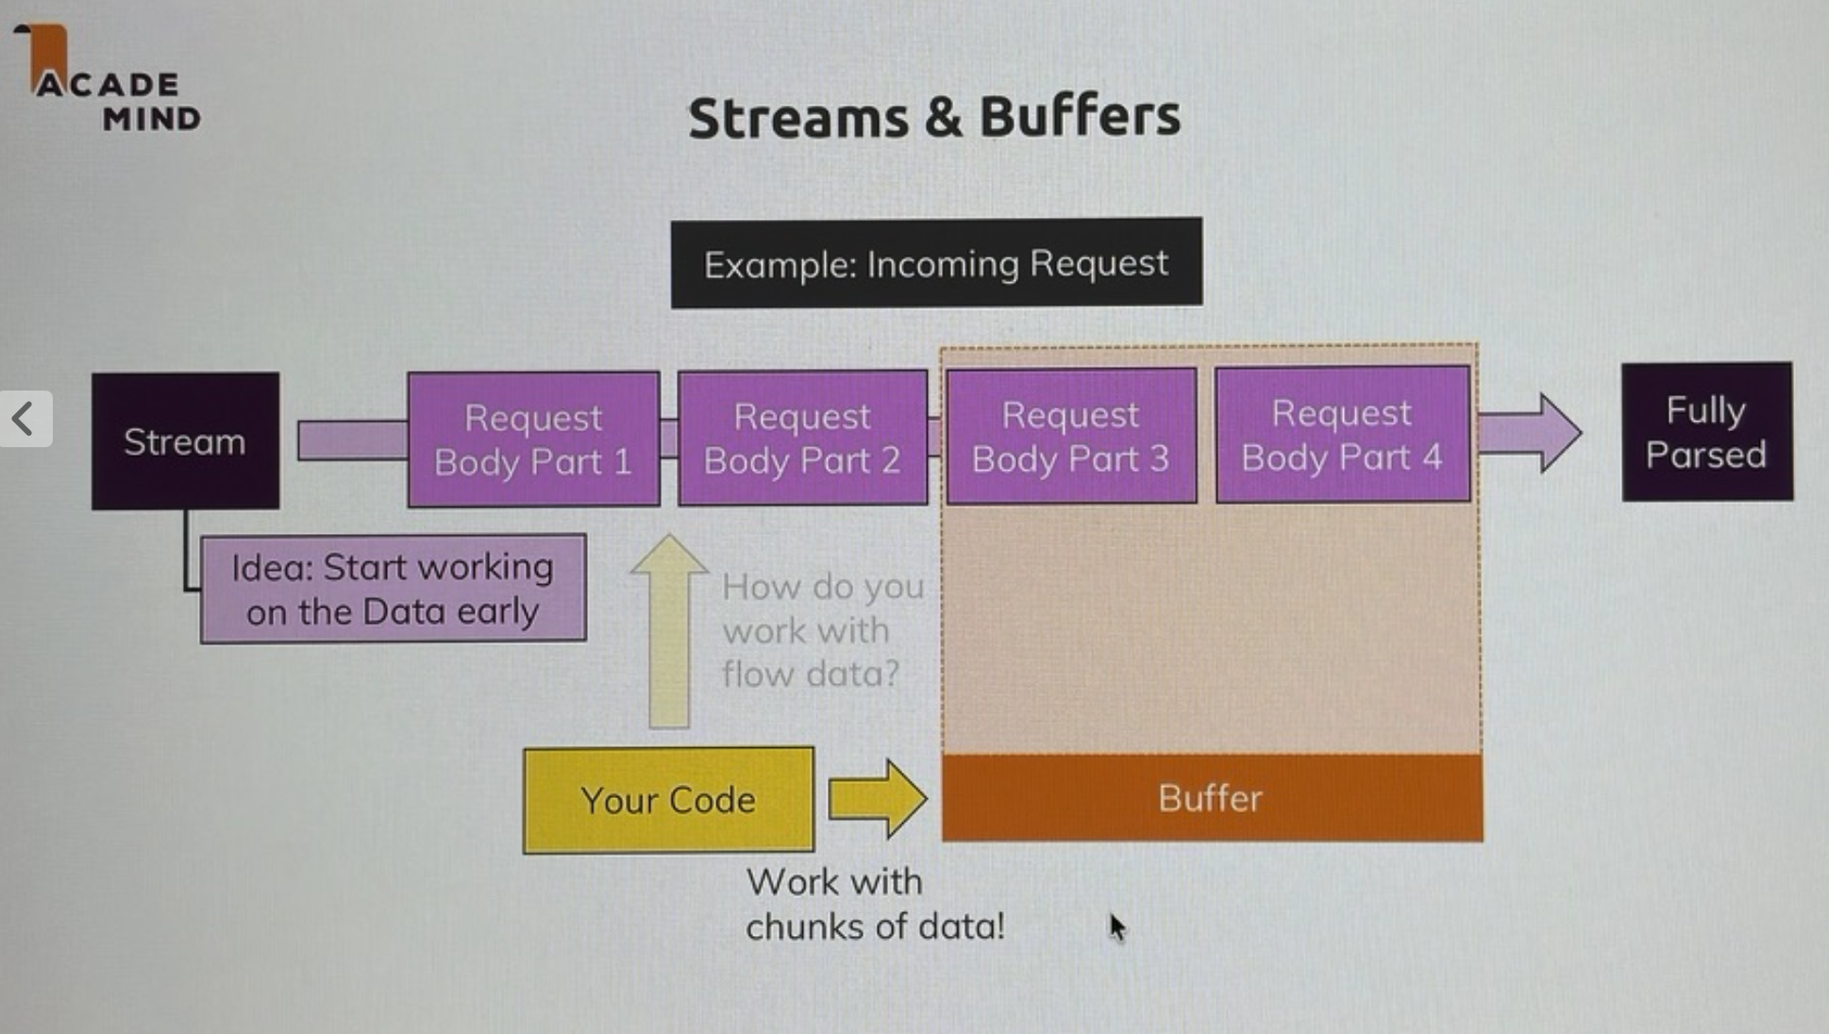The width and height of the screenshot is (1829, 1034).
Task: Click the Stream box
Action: (x=185, y=441)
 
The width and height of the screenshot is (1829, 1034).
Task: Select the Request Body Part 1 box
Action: (x=533, y=439)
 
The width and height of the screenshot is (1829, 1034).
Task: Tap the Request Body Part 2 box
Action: (x=802, y=438)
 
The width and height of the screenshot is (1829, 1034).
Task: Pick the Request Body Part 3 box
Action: (x=1071, y=436)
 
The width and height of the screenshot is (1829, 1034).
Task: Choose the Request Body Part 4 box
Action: (x=1342, y=434)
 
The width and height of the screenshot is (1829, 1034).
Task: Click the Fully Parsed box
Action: (x=1706, y=432)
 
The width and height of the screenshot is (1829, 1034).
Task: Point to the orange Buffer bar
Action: (x=1212, y=798)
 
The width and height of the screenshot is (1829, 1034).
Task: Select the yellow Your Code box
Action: (x=668, y=800)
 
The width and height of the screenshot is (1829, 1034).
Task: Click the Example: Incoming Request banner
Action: (x=936, y=263)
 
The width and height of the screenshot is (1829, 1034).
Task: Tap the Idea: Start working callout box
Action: (x=393, y=589)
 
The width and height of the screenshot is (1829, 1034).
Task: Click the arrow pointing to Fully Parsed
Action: (x=1531, y=432)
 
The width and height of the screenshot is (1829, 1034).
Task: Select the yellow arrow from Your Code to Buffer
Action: (x=878, y=798)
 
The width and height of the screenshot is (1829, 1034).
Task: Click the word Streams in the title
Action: (x=798, y=118)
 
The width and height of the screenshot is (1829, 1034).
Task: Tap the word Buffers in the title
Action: (x=1080, y=116)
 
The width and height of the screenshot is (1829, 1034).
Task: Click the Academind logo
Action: (x=109, y=80)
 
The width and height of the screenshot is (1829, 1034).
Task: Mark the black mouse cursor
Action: (x=1117, y=927)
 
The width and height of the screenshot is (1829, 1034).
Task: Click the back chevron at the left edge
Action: (x=24, y=418)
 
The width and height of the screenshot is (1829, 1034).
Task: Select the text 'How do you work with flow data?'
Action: (x=821, y=630)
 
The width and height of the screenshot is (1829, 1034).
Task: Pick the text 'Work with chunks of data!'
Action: (x=874, y=904)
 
